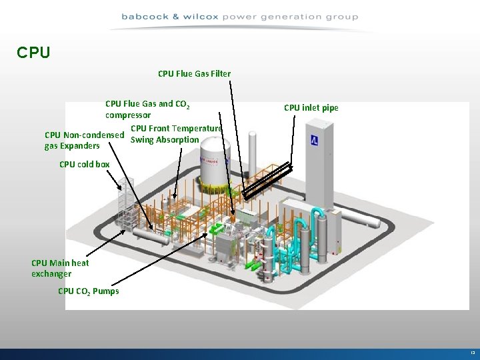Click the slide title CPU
click(x=33, y=52)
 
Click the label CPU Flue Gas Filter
click(x=194, y=73)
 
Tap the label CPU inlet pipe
click(x=311, y=108)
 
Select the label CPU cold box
click(x=84, y=164)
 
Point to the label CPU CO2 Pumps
click(x=88, y=291)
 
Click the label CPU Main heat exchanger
click(x=59, y=268)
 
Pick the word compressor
click(x=128, y=115)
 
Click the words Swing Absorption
click(x=165, y=140)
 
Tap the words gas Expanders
click(x=72, y=145)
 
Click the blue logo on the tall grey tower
click(x=313, y=141)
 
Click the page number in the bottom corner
click(x=473, y=353)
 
